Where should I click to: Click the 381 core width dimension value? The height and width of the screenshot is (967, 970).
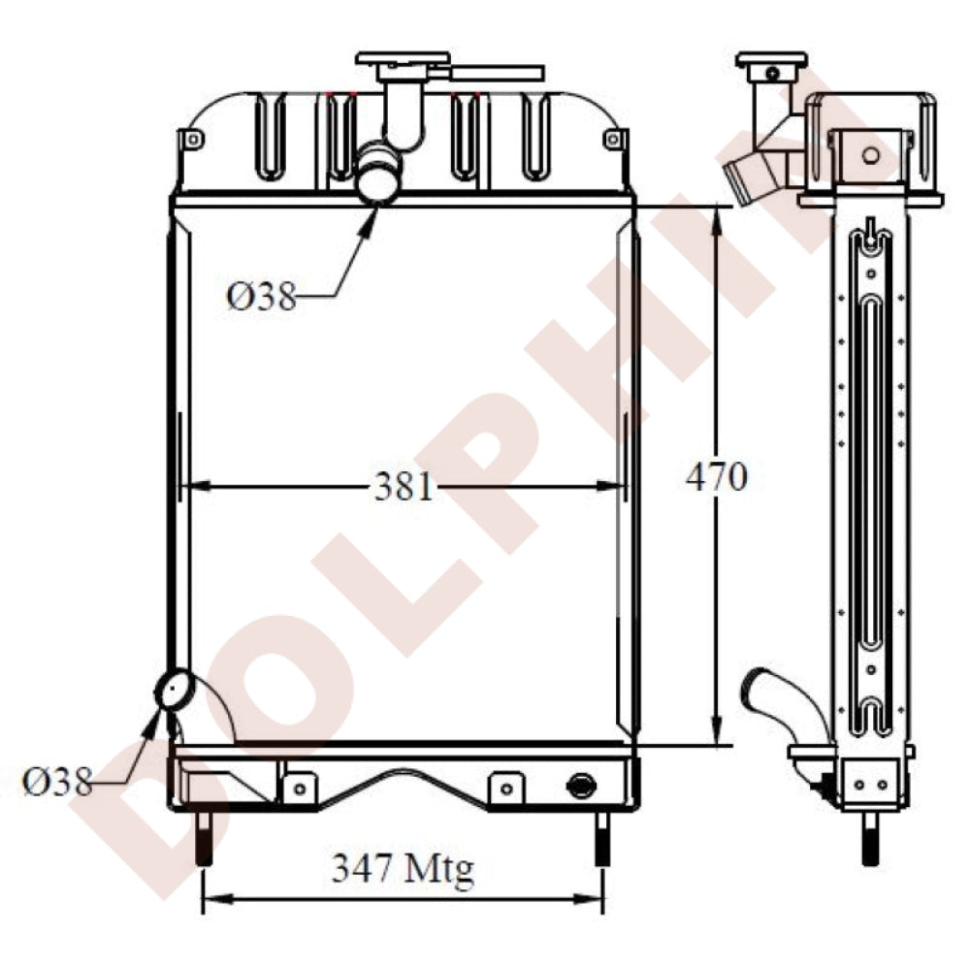click(x=404, y=486)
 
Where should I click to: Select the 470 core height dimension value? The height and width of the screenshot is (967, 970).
click(x=716, y=476)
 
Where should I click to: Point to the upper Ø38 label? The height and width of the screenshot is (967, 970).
click(x=261, y=295)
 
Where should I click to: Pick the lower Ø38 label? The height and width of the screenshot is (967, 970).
click(x=57, y=781)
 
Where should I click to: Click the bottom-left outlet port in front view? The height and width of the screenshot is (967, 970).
click(x=176, y=691)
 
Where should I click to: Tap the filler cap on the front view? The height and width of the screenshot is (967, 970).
click(x=403, y=59)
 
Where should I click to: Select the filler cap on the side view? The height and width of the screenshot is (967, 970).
click(x=771, y=60)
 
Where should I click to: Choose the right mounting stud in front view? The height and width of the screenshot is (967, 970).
click(x=602, y=839)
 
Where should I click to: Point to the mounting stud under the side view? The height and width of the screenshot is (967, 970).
click(x=870, y=839)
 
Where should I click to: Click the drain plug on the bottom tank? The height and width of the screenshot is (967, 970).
click(x=580, y=785)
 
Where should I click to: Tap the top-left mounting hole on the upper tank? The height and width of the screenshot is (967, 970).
click(x=193, y=140)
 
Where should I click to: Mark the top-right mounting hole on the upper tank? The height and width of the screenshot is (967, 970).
click(x=611, y=140)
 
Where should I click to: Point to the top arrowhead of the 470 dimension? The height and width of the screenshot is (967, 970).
click(x=716, y=215)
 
